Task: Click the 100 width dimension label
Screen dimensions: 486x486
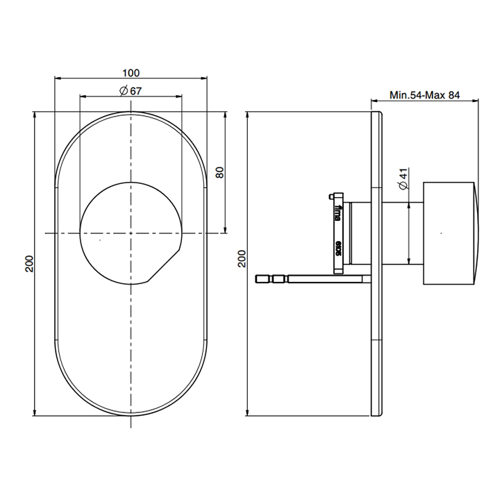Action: tap(131, 73)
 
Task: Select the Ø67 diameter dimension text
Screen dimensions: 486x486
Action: tap(131, 91)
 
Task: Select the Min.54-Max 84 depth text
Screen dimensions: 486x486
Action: tap(425, 95)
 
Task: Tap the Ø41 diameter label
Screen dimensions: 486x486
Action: tap(403, 178)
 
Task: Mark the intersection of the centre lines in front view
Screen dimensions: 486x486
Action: tap(131, 233)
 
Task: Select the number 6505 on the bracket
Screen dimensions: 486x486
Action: tap(338, 248)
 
